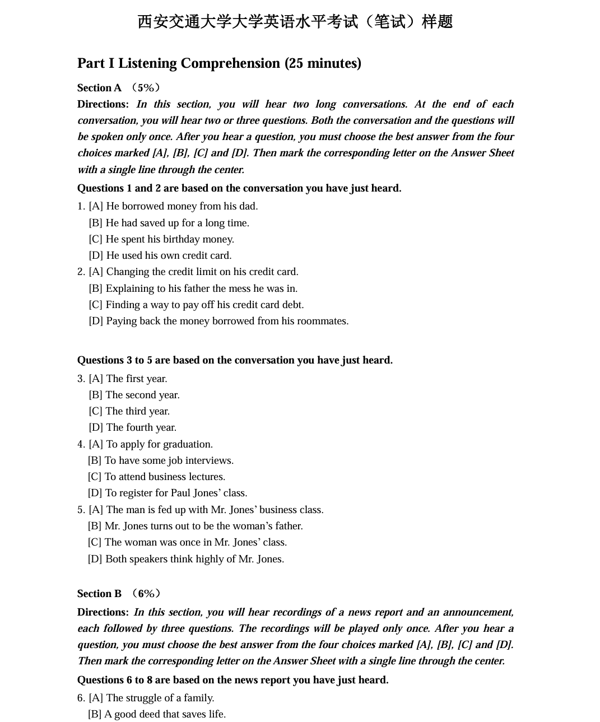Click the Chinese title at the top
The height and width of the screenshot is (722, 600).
pos(295,22)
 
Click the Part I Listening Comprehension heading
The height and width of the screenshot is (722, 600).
pos(219,63)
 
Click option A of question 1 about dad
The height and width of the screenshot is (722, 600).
pos(173,206)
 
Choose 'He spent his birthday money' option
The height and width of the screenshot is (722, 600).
pos(161,239)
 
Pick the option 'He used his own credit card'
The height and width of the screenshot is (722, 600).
pos(160,255)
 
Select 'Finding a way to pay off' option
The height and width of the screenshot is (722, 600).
pos(196,305)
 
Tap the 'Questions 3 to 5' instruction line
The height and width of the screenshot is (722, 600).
pos(235,360)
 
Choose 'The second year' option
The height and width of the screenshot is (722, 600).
pos(134,395)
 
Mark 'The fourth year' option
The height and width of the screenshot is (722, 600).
pos(132,427)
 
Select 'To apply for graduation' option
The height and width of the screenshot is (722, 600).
pos(151,444)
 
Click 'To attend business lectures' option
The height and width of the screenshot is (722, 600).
pos(156,477)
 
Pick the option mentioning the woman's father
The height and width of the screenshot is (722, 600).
pos(195,526)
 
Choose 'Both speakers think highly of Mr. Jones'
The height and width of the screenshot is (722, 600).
pos(185,559)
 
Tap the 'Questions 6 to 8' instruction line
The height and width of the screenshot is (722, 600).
pos(232,680)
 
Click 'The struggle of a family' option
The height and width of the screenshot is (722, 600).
pos(151,698)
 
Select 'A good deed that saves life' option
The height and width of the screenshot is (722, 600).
pos(157,714)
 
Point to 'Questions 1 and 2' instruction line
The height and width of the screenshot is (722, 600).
pos(239,188)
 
